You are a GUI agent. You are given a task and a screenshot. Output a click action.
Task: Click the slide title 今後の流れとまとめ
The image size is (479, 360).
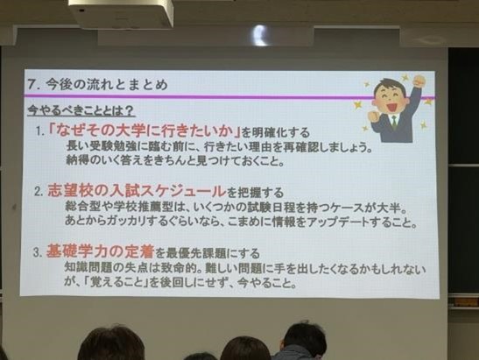[107, 84]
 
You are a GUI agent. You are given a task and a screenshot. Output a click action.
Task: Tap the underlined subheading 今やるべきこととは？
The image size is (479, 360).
[81, 110]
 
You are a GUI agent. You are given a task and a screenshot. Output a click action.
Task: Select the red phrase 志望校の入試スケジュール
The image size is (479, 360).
[137, 191]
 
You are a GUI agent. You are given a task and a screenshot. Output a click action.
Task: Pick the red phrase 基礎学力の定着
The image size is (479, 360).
[100, 251]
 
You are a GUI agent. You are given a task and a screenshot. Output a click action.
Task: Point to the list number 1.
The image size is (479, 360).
[39, 131]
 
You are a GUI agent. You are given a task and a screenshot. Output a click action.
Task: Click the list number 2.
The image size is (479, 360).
[39, 192]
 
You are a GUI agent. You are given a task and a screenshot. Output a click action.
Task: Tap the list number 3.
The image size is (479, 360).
[38, 252]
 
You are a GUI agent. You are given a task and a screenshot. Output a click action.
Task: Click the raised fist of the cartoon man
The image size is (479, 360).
[419, 81]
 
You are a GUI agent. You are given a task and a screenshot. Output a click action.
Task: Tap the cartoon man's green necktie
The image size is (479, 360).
[394, 122]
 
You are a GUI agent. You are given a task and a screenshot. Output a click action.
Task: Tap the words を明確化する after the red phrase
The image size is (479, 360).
[277, 132]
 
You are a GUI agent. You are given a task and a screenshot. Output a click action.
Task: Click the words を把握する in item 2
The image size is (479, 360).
[255, 193]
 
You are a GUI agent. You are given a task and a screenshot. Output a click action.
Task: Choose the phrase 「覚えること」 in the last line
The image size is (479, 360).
[116, 282]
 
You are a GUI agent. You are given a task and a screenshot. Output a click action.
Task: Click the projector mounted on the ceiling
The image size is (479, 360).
[121, 13]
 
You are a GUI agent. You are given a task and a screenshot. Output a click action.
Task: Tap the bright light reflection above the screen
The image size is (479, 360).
[260, 35]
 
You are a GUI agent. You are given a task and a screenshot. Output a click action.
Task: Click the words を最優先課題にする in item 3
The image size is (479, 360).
[208, 253]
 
